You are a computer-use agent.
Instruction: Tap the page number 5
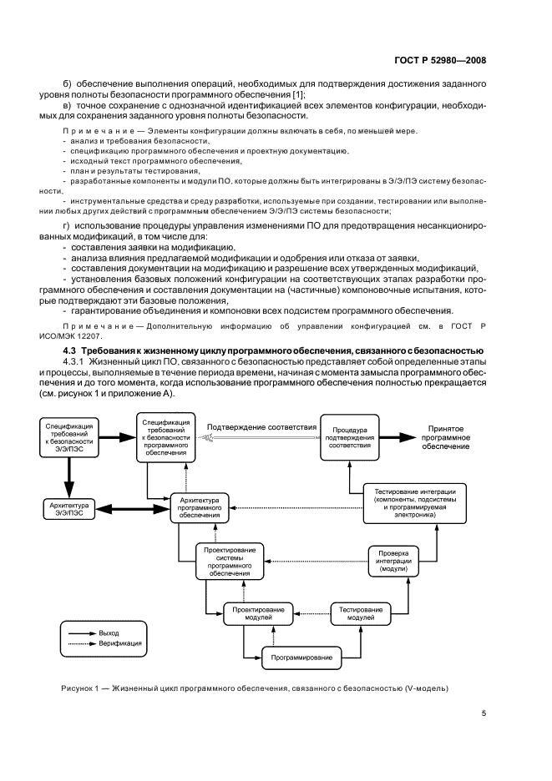click(484, 713)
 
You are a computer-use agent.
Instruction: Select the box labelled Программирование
click(301, 658)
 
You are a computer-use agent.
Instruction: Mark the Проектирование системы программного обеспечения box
click(230, 561)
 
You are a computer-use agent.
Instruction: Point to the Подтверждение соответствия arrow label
click(261, 427)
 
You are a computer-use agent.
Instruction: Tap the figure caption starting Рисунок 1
click(255, 688)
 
